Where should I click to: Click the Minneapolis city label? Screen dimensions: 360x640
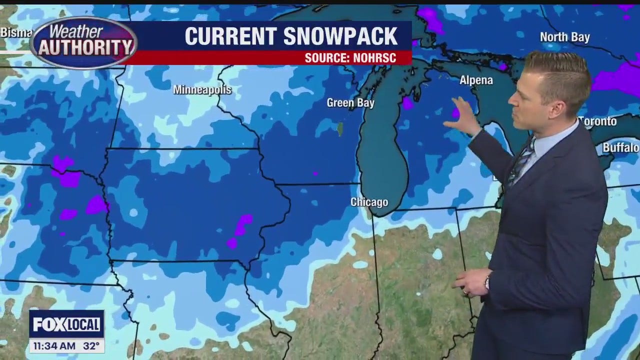point(202,90)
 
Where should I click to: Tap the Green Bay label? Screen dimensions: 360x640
point(350,103)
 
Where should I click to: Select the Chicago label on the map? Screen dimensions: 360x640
point(369,202)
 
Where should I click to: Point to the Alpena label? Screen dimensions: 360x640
point(476,80)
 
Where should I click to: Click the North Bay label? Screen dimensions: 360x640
point(564,37)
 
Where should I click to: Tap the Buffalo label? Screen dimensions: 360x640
point(620,147)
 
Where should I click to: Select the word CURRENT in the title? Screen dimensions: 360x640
point(230,36)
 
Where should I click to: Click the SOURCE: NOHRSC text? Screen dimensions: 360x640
point(350,58)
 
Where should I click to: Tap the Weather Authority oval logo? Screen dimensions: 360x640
point(83,42)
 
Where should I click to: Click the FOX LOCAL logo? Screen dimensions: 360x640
point(66,324)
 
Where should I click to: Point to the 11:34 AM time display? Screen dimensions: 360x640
point(53,345)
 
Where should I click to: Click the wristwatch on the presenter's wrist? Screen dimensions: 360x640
point(486,283)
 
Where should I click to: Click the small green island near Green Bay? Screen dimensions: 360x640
point(340,129)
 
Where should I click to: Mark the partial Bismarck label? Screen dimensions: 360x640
point(16,33)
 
